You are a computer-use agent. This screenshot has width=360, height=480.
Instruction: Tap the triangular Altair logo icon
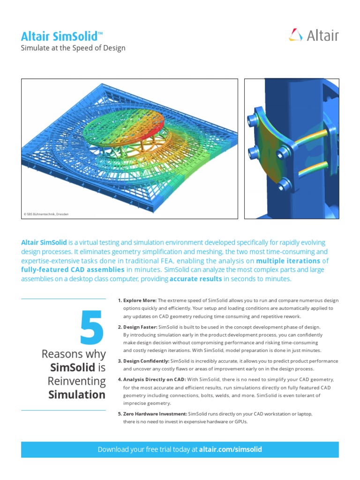coord(296,36)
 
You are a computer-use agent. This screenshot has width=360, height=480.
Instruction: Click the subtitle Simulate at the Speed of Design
coord(73,48)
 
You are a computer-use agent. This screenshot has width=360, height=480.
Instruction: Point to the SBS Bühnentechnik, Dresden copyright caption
coord(46,214)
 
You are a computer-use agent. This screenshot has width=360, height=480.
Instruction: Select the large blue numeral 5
coord(92,329)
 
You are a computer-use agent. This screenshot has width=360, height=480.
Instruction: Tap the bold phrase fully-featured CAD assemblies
coord(73,270)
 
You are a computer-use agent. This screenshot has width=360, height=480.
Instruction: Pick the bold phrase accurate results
coord(196,279)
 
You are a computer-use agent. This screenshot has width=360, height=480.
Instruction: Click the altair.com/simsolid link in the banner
coord(230,449)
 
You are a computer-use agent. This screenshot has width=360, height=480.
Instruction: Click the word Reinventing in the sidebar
coord(77,381)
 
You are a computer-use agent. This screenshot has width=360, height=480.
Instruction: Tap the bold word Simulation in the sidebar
coord(77,394)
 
